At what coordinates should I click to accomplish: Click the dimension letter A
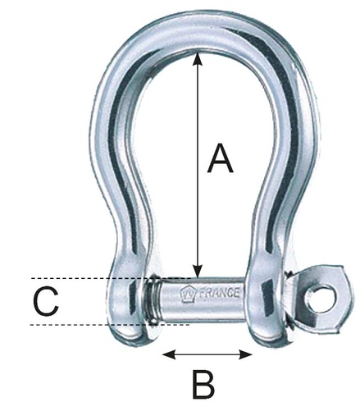pos(221,159)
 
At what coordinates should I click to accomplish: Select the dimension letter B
pos(203,385)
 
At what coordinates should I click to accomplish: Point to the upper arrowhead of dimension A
pos(198,59)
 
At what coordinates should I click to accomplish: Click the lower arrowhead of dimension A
pos(198,272)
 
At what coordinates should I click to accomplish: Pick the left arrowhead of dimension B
pos(169,355)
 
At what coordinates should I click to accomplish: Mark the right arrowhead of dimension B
pos(245,355)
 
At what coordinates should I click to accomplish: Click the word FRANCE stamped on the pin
pos(218,293)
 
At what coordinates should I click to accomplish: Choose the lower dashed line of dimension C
pos(109,325)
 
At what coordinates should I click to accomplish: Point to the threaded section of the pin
pos(154,301)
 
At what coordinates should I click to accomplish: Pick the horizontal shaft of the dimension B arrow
pos(207,355)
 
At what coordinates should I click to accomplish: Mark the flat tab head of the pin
pos(318,299)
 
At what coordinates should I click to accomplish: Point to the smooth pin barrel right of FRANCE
pos(244,298)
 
